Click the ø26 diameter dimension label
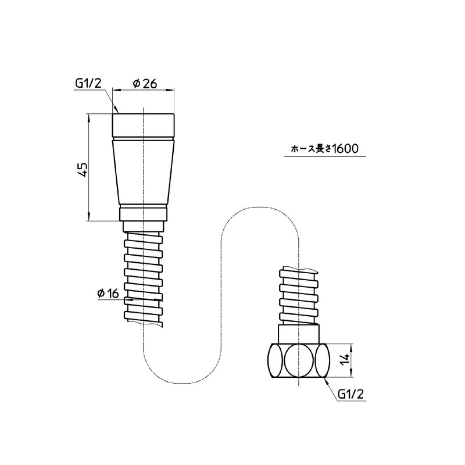[x=145, y=84]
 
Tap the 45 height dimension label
[x=83, y=170]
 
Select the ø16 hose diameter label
[x=108, y=294]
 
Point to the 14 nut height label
[x=345, y=360]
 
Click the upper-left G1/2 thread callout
[x=88, y=83]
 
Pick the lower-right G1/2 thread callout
[x=350, y=394]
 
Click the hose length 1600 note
[x=325, y=148]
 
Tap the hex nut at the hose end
[x=299, y=360]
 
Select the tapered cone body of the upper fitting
[x=144, y=172]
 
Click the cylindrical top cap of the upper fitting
[x=143, y=125]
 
